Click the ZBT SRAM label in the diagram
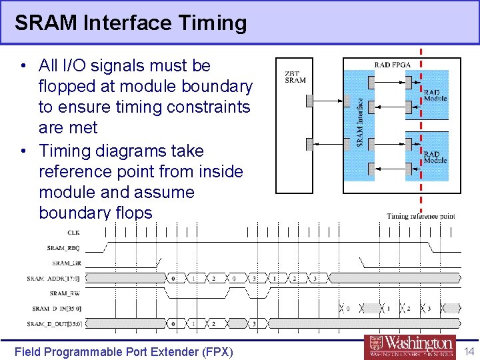(x=295, y=77)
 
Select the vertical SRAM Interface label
(x=360, y=122)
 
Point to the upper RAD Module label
(x=435, y=95)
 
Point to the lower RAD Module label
(x=435, y=157)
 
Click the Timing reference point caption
(x=421, y=216)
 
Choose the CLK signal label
(x=73, y=232)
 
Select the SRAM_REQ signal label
(x=63, y=247)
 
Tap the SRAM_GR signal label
(x=66, y=263)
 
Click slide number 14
(x=469, y=351)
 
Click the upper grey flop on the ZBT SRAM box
(x=309, y=101)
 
